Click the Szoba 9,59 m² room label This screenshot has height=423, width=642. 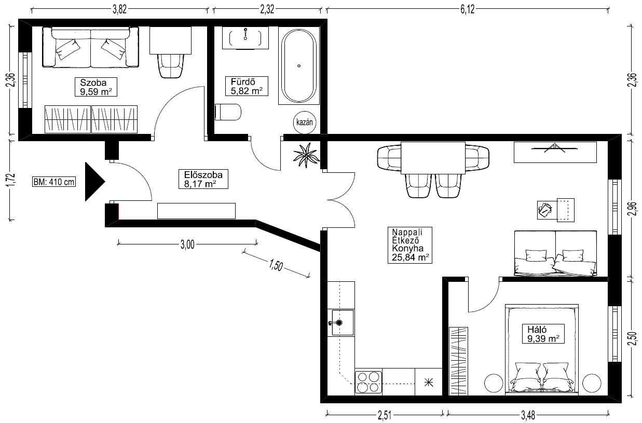[x=95, y=87]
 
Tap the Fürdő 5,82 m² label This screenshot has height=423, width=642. [x=247, y=86]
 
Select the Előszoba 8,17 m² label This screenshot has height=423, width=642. [x=203, y=179]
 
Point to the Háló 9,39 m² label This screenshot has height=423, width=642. [x=543, y=334]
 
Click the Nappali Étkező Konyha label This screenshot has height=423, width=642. [x=410, y=245]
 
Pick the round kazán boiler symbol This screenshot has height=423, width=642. [x=304, y=122]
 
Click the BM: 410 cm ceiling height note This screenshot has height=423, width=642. [x=54, y=182]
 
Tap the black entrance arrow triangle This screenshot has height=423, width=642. [x=94, y=182]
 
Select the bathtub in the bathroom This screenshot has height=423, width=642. [x=299, y=65]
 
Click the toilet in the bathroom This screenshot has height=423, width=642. [x=228, y=112]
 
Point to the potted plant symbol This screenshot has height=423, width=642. [x=306, y=155]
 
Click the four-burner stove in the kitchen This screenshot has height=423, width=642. [x=368, y=382]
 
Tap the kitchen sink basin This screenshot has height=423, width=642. [x=342, y=322]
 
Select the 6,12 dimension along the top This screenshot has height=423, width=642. [x=468, y=10]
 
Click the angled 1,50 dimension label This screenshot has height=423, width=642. [x=276, y=265]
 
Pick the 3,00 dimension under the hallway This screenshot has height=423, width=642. [x=187, y=244]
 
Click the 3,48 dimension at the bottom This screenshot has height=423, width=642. [x=528, y=415]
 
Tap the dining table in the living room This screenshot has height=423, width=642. [x=433, y=158]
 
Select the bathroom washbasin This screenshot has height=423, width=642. [x=245, y=38]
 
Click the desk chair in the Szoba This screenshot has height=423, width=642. [x=171, y=65]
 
